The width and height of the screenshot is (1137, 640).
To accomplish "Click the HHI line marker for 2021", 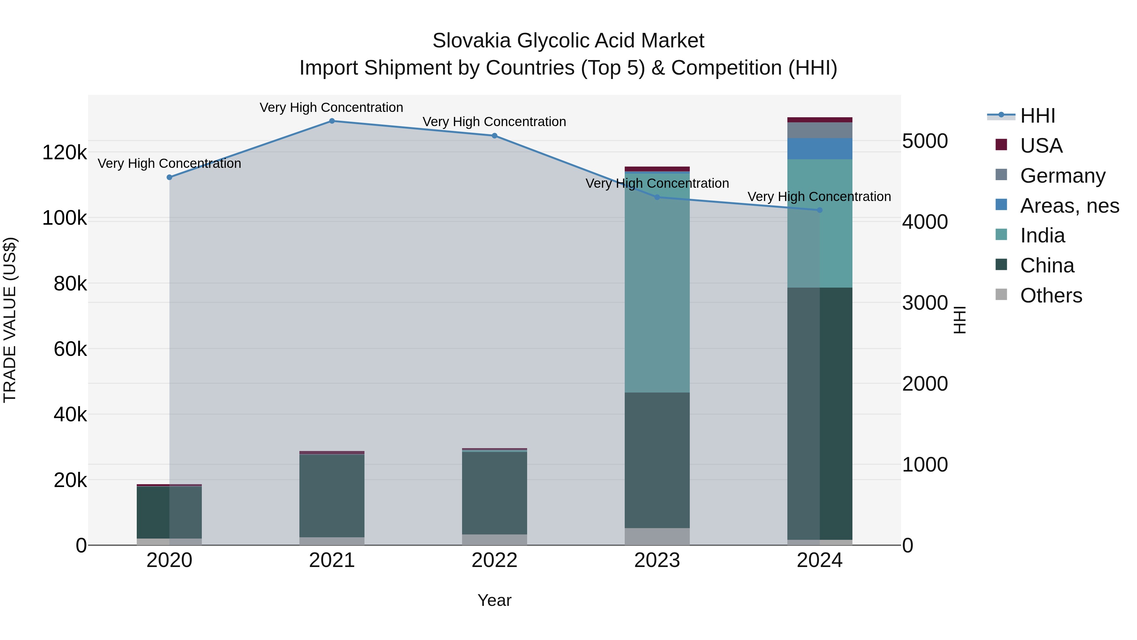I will click(x=332, y=121).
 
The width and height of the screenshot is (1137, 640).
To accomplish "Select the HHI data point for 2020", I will click(x=170, y=177).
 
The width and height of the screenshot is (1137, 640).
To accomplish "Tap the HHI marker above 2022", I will click(x=494, y=136).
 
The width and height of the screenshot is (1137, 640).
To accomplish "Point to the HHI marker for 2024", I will click(x=820, y=210).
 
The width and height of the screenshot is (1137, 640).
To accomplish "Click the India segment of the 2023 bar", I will click(x=657, y=283).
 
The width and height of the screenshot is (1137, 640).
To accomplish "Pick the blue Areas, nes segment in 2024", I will click(x=820, y=149).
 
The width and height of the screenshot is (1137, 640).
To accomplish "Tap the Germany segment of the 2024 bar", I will click(x=820, y=130).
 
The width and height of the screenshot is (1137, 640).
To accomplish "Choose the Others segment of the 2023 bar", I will click(x=657, y=536).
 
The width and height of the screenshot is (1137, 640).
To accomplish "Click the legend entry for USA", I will click(x=1041, y=146).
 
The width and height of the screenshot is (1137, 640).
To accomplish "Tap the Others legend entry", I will click(x=1050, y=296).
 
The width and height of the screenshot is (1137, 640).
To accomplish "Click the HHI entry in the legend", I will click(x=1037, y=116).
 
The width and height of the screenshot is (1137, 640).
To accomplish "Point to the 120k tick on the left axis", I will click(x=64, y=153).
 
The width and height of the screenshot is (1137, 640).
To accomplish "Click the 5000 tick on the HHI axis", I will click(x=925, y=141).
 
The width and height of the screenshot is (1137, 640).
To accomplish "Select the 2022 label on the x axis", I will click(x=494, y=560).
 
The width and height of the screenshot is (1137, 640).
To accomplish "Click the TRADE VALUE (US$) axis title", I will click(x=10, y=320).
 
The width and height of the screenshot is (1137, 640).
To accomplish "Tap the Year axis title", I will click(x=494, y=600).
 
